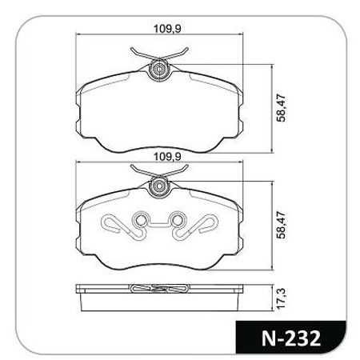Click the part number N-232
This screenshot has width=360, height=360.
pyautogui.click(x=291, y=338)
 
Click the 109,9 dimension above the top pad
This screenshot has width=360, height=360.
pyautogui.click(x=167, y=29)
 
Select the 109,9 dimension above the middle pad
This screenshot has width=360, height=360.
pyautogui.click(x=167, y=157)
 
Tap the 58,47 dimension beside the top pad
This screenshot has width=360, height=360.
pyautogui.click(x=281, y=108)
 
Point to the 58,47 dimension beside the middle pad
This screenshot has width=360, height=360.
pyautogui.click(x=281, y=225)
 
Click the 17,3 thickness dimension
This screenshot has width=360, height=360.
pyautogui.click(x=281, y=298)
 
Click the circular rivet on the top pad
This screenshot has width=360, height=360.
pyautogui.click(x=159, y=70)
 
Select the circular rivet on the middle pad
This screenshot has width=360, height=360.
pyautogui.click(x=159, y=186)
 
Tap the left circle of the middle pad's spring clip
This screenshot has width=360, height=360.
pyautogui.click(x=141, y=220)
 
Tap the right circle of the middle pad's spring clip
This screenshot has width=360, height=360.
pyautogui.click(x=177, y=220)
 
